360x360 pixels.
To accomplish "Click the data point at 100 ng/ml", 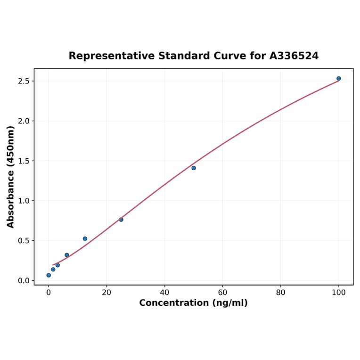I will pyautogui.click(x=339, y=78).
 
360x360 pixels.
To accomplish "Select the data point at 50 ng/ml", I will pyautogui.click(x=194, y=168).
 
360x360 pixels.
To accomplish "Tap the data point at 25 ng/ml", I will pyautogui.click(x=121, y=220).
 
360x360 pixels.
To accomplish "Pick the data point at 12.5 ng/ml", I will pyautogui.click(x=85, y=238).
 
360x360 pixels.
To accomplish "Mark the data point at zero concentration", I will pyautogui.click(x=49, y=275).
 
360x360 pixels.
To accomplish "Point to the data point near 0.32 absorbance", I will pyautogui.click(x=67, y=255).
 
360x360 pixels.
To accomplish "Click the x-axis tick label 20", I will pyautogui.click(x=106, y=292).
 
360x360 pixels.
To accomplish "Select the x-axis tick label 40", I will pyautogui.click(x=164, y=292).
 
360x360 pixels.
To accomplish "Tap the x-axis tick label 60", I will pyautogui.click(x=222, y=292).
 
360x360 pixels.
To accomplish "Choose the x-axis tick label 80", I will pyautogui.click(x=281, y=292).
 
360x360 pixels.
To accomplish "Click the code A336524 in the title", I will pyautogui.click(x=294, y=56).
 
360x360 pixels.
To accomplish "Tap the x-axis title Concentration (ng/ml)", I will pyautogui.click(x=193, y=303).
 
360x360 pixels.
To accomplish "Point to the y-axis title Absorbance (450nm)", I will pyautogui.click(x=10, y=177).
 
